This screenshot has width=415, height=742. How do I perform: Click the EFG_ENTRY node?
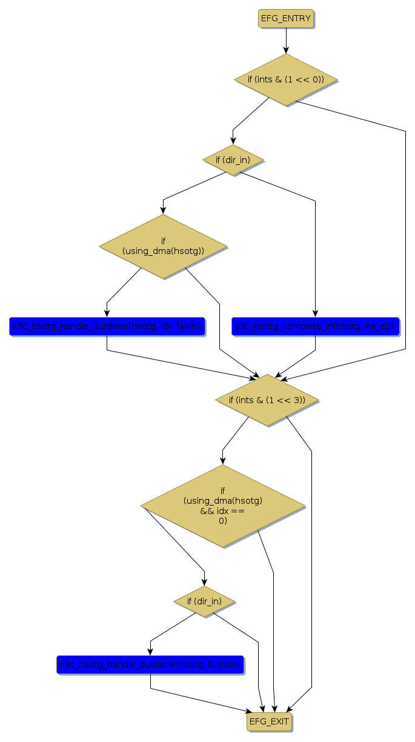[286, 19]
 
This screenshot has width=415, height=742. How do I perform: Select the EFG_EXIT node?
[270, 722]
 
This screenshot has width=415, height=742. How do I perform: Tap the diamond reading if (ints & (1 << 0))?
[286, 79]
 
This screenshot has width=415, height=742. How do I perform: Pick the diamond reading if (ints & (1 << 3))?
[267, 400]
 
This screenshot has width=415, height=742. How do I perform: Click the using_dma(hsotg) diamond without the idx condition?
[163, 246]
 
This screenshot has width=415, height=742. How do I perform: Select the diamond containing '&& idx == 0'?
[223, 506]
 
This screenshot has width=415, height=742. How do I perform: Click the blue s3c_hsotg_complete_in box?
[315, 326]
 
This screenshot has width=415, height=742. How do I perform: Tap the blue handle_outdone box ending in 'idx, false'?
[107, 326]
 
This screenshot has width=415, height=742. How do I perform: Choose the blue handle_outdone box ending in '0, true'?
[150, 664]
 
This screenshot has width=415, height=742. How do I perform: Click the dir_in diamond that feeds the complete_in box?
[233, 160]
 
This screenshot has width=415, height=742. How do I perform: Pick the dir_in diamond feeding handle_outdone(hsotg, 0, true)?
[204, 601]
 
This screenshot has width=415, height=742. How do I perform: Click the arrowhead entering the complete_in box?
[315, 313]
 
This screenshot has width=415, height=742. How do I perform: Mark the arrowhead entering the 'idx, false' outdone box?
[107, 313]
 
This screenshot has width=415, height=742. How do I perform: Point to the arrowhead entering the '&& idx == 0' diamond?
[223, 461]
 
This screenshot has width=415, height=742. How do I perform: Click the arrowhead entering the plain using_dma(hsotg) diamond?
[163, 210]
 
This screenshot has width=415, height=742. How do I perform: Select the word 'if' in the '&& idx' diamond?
[223, 490]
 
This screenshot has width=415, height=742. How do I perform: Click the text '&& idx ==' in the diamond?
[223, 511]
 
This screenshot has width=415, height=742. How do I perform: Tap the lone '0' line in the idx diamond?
[223, 521]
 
